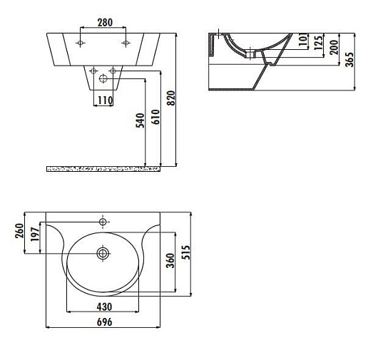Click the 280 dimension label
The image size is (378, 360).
105,22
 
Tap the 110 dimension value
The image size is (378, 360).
105,101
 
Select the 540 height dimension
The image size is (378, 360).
141,120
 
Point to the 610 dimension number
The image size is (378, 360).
155,117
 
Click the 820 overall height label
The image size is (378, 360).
171,98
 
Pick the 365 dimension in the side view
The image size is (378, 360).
349,59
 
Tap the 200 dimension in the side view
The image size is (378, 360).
334,47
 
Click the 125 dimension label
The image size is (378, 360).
318,43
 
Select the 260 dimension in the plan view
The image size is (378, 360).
19,231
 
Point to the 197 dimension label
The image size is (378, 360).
35,235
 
